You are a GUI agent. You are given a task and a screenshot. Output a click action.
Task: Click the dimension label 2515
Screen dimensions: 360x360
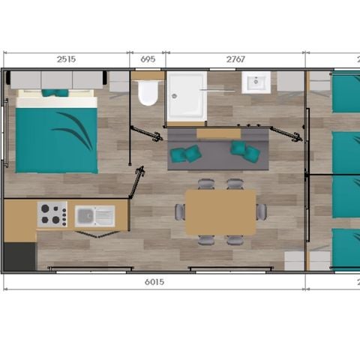[x=64, y=59]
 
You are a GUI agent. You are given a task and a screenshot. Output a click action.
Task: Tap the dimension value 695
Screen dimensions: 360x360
[x=148, y=59]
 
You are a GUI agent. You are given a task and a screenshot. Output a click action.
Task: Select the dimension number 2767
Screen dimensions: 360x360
[x=235, y=59]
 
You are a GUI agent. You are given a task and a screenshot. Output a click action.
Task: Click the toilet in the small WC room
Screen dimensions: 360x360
[x=148, y=94]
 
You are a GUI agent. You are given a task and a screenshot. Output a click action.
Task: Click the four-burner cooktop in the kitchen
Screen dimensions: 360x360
[x=52, y=214]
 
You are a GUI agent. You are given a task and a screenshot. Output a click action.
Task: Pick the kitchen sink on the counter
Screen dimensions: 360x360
[x=95, y=216]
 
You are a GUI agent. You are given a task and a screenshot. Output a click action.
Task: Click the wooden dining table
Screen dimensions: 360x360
[x=220, y=212]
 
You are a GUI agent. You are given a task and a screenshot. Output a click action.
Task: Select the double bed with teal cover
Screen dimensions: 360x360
[x=56, y=135]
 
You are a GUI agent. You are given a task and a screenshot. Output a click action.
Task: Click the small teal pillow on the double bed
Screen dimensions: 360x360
[x=54, y=93]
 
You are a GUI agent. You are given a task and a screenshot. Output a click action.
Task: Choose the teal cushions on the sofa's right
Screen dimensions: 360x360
[x=245, y=151]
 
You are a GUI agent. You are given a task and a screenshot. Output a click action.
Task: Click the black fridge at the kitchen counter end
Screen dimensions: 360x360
[x=19, y=256]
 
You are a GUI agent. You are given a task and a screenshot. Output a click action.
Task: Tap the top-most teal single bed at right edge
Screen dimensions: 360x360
[x=346, y=92]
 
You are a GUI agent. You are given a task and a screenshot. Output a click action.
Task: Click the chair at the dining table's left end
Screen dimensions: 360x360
[x=180, y=212]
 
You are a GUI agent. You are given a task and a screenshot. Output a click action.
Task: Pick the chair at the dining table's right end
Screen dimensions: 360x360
[x=261, y=212]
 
